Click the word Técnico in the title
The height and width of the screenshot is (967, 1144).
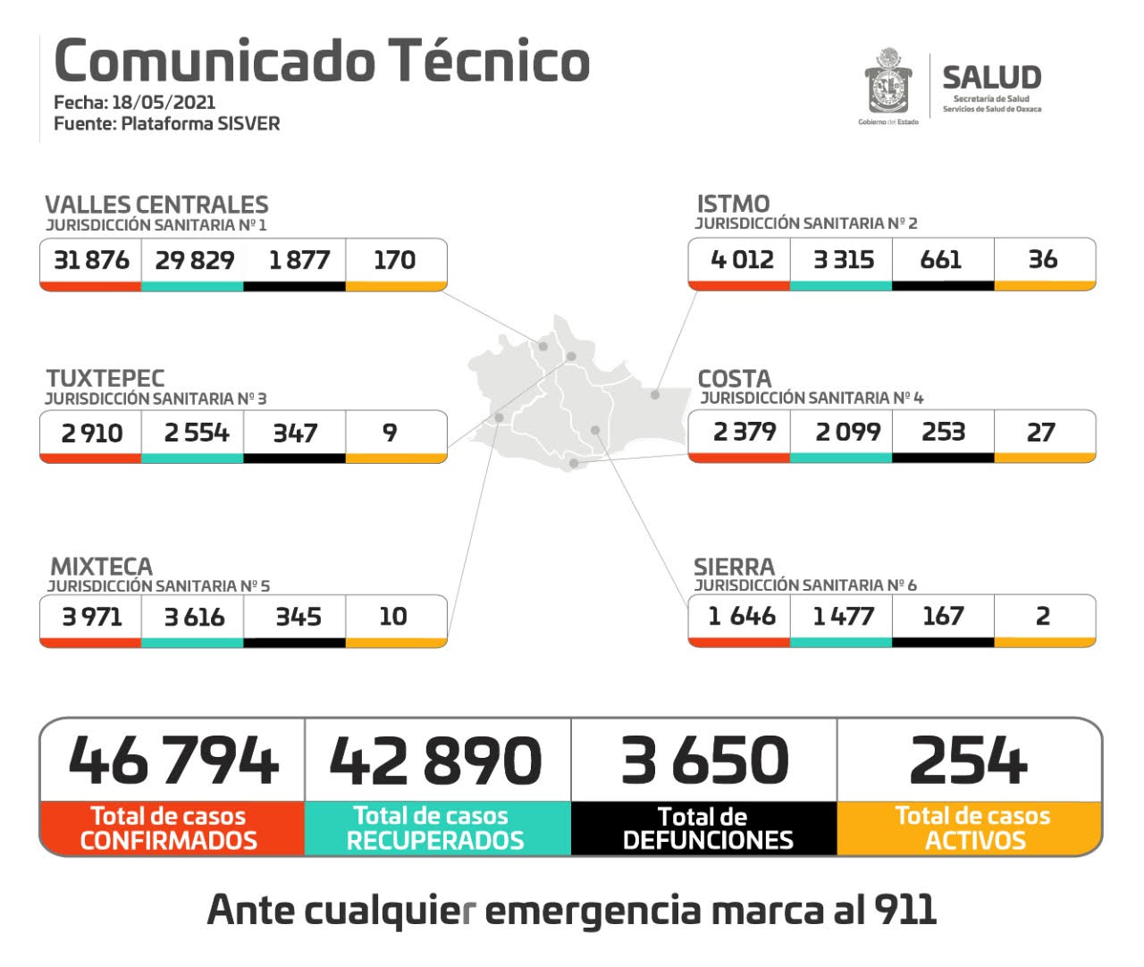point(489,61)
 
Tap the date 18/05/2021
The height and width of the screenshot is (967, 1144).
point(164,102)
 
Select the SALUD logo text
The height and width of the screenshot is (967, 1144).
point(991,78)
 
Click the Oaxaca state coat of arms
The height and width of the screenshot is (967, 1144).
point(887,82)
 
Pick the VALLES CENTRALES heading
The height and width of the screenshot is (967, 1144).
point(156,205)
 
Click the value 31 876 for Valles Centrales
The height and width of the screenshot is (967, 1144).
point(91,260)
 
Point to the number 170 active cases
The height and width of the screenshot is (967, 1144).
point(394,260)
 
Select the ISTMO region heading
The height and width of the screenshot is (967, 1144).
point(733,204)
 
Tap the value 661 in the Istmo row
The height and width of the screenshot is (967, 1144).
point(941,260)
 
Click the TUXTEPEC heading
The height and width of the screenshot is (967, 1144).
point(105,378)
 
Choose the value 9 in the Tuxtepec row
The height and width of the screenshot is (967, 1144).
point(390,433)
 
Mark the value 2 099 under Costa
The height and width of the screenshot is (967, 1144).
point(847,433)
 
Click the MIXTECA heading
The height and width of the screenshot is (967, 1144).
point(101,567)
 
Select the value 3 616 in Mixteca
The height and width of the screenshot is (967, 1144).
point(194,617)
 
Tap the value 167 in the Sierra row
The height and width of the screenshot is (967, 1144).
point(943,616)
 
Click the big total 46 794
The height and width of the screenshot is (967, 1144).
point(173,761)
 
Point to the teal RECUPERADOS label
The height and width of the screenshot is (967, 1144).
point(435,840)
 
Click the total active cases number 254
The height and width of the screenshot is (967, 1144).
point(969,761)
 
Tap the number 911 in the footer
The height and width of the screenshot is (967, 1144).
point(904,910)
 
